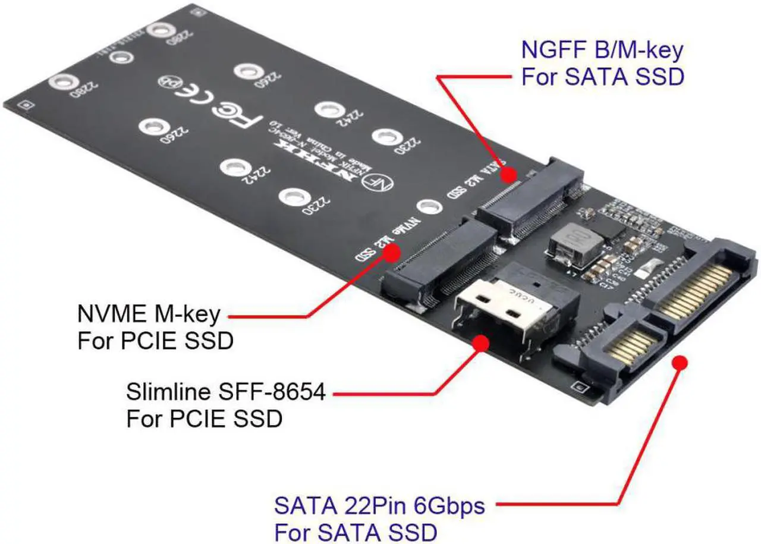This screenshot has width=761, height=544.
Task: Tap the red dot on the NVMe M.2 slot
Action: click(x=391, y=253)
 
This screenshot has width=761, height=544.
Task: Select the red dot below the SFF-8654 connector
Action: click(x=480, y=343)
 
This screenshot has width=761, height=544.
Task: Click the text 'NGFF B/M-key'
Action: click(x=602, y=50)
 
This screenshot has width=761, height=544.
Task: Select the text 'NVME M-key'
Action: click(x=149, y=313)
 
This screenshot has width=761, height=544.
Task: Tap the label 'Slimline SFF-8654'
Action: click(x=226, y=392)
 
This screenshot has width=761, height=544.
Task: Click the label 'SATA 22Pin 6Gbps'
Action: click(x=379, y=507)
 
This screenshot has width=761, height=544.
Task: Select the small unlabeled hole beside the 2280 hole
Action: click(x=121, y=57)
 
